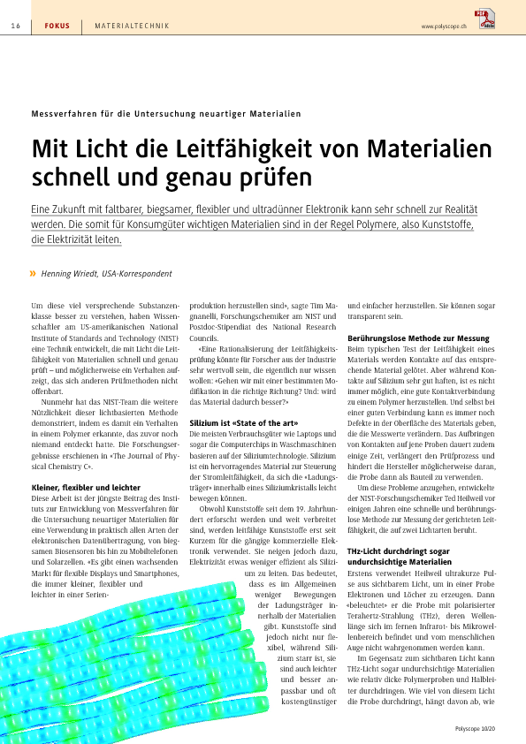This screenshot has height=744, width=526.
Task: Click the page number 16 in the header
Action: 16,27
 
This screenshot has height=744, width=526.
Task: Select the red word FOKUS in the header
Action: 57,27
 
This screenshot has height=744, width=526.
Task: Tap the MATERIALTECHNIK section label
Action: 132,27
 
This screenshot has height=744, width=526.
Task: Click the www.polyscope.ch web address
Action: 444,27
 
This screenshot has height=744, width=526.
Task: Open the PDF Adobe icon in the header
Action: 485,19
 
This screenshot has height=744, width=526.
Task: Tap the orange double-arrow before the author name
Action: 33,273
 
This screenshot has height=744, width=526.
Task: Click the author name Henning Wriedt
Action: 69,274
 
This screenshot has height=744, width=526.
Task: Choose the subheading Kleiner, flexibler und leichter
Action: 86,487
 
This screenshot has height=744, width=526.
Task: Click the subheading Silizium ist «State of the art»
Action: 244,422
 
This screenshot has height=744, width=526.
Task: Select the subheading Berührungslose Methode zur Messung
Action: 418,338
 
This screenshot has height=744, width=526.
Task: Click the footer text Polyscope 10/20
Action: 475,728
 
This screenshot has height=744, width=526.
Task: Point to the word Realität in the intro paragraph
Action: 461,209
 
